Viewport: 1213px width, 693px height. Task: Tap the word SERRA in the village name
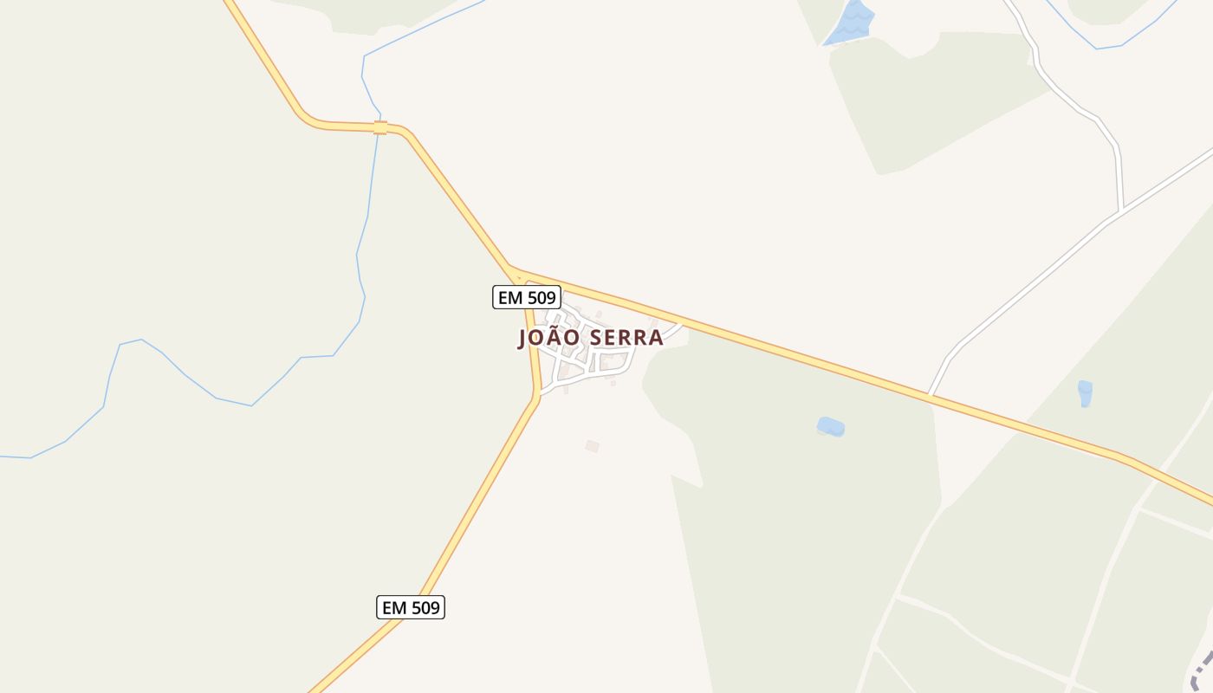(x=626, y=338)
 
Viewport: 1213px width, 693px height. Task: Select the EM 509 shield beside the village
(x=527, y=298)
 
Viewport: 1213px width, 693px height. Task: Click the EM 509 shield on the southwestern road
(x=411, y=607)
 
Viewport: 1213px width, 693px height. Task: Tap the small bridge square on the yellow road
(x=380, y=128)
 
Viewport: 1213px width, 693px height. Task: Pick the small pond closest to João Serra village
(x=830, y=427)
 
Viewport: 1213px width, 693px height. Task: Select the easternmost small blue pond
(x=1085, y=393)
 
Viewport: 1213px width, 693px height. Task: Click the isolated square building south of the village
(x=592, y=446)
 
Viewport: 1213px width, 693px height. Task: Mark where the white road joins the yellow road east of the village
(x=931, y=395)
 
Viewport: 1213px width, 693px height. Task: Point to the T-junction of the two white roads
(x=1120, y=211)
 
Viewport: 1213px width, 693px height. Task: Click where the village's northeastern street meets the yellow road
(x=682, y=325)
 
